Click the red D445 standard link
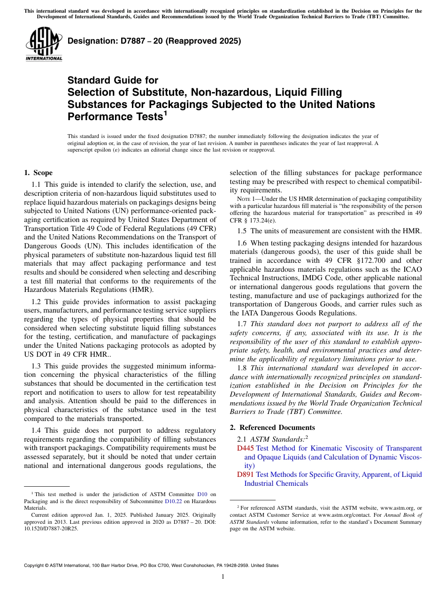pyautogui.click(x=246, y=448)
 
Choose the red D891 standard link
pyautogui.click(x=246, y=475)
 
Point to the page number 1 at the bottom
pyautogui.click(x=223, y=577)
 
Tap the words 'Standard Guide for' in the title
pyautogui.click(x=113, y=80)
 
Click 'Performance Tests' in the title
pyautogui.click(x=115, y=116)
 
